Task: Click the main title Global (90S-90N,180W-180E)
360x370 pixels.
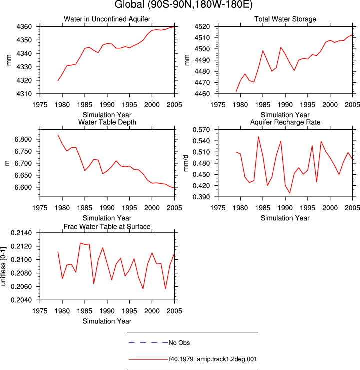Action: [x=183, y=4]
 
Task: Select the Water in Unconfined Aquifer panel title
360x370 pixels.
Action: [x=107, y=19]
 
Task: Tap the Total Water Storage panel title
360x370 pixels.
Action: [x=285, y=19]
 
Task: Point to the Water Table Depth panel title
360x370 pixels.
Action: [x=107, y=122]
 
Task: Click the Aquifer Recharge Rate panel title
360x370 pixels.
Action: [x=285, y=122]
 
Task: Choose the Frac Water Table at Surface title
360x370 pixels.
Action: [x=107, y=227]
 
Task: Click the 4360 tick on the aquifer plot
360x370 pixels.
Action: [x=24, y=27]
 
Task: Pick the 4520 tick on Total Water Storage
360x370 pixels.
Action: [x=202, y=27]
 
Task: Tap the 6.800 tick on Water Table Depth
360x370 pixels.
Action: [x=23, y=139]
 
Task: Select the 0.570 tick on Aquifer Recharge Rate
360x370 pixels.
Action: [x=201, y=130]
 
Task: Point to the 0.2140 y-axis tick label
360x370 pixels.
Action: [x=21, y=233]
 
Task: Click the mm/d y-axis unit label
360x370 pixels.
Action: [x=186, y=163]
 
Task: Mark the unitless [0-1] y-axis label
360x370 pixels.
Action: [x=3, y=266]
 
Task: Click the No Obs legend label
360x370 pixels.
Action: [x=179, y=343]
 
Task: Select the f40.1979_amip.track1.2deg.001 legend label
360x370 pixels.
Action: [x=213, y=359]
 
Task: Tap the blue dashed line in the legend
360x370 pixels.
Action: [x=148, y=343]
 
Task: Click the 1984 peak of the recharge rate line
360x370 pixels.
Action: [x=258, y=137]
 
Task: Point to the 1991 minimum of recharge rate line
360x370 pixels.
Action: [x=290, y=193]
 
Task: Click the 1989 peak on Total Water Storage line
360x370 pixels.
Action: [x=281, y=47]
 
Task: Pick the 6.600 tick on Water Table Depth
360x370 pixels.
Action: [x=23, y=187]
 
